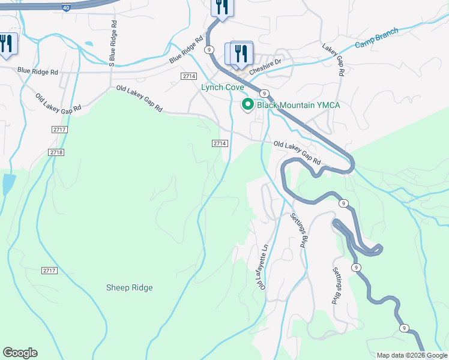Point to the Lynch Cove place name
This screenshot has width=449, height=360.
(x=222, y=87)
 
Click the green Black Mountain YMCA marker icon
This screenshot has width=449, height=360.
(x=247, y=105)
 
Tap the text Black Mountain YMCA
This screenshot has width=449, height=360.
(x=298, y=105)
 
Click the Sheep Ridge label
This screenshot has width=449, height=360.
(x=129, y=287)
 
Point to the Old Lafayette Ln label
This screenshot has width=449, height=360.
(x=264, y=266)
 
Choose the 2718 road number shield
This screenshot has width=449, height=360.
(x=56, y=152)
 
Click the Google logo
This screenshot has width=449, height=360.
(x=20, y=353)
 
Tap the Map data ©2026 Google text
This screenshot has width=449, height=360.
(x=411, y=355)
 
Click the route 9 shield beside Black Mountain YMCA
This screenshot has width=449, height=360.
(x=264, y=93)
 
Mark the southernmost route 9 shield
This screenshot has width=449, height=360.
(x=405, y=328)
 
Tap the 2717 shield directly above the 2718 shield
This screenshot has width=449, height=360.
(x=59, y=130)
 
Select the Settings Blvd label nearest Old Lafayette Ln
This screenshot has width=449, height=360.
(x=298, y=230)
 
